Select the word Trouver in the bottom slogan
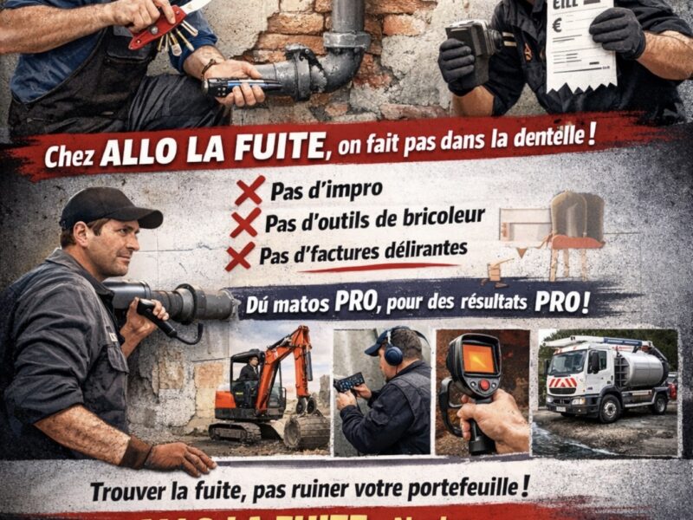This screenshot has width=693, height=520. pyautogui.click(x=126, y=491)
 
